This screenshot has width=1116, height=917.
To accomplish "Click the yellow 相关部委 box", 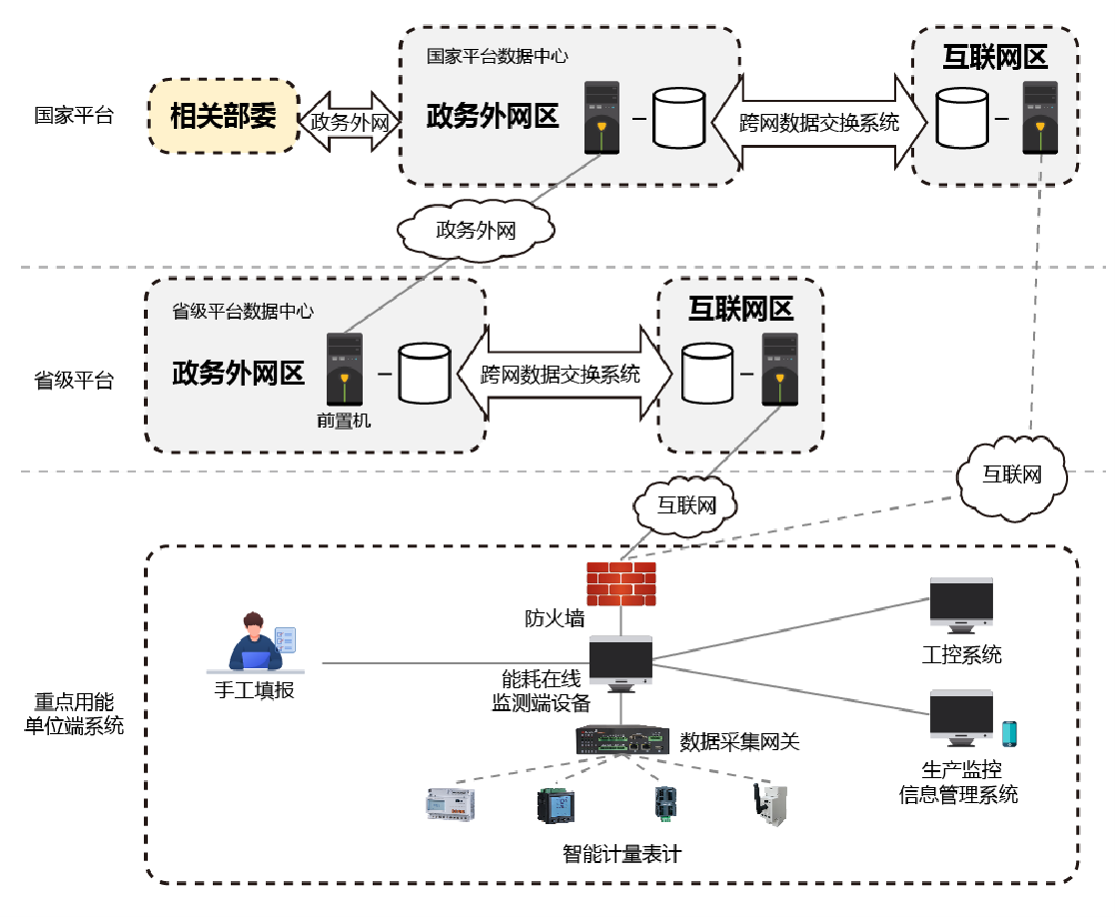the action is point(224,116).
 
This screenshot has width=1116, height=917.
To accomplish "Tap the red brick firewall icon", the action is point(620,584).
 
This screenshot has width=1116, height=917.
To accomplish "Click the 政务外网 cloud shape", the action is point(476,230).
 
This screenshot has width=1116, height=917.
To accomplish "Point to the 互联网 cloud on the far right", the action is point(1011,475).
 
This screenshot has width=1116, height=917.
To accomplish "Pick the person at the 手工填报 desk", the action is point(256,641).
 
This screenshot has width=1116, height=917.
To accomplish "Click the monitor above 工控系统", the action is point(961,605).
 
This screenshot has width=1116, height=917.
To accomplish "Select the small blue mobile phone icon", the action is point(1009,733).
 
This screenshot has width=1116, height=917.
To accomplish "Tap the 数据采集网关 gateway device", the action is point(622,740).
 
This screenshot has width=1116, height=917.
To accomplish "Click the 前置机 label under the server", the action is point(344,421).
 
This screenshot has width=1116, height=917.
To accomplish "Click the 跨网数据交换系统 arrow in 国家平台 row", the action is point(819,122).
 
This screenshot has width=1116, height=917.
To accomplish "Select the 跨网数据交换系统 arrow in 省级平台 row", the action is point(560,374).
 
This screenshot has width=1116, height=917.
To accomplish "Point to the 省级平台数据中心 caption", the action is point(243,311).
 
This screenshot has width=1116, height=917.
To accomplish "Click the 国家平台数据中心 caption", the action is point(498,56).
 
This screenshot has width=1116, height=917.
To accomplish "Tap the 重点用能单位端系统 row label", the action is point(74,713).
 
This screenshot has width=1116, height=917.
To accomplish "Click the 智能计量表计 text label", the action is point(622,854).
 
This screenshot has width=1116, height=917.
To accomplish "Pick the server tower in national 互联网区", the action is point(1040,118).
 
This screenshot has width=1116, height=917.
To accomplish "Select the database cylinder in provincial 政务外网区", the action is point(425,374).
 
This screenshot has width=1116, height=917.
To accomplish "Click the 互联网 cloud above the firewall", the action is point(685,505).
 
